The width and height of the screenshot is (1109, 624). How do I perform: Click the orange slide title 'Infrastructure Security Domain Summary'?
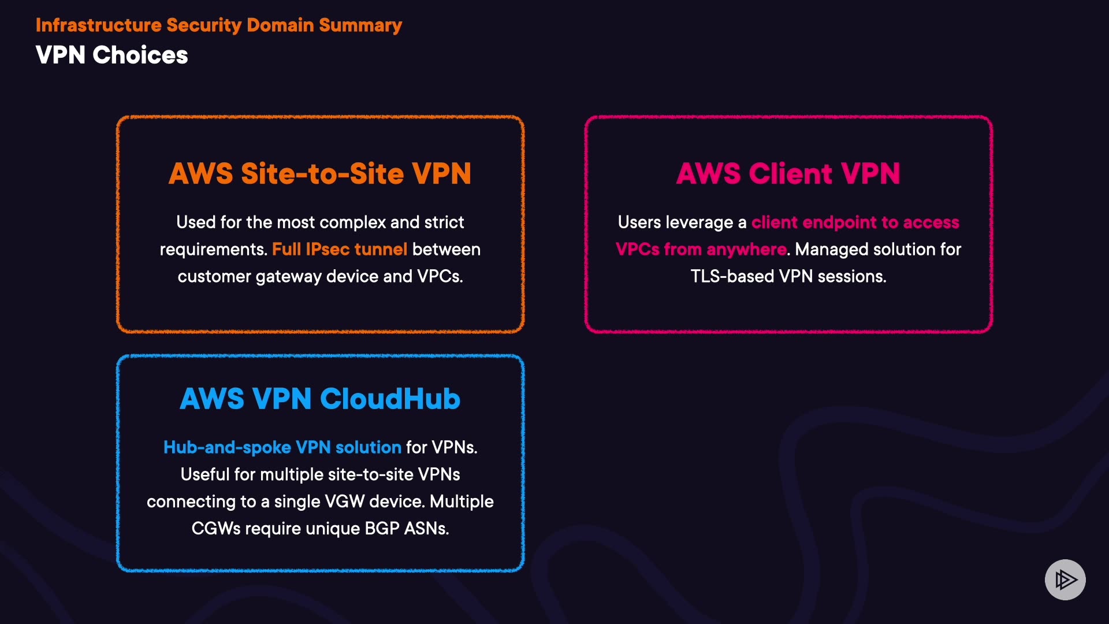(218, 25)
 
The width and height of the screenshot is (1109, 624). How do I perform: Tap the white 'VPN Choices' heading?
(111, 55)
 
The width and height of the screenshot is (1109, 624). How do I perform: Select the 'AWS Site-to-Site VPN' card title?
(320, 174)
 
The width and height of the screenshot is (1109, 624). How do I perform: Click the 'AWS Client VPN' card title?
(788, 174)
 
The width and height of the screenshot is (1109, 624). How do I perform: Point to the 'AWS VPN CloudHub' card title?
(320, 399)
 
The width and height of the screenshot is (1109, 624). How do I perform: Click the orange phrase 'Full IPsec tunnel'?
(339, 250)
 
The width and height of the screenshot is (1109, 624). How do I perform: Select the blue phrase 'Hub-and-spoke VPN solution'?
(282, 448)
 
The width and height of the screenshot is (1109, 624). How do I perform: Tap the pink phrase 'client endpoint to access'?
(855, 222)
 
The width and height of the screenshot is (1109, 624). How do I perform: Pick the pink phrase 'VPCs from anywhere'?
(701, 250)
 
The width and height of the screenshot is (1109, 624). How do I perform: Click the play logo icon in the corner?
(1065, 580)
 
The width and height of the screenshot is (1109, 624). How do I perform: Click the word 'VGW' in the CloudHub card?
(344, 502)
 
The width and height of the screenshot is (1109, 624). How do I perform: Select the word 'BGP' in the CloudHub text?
(382, 529)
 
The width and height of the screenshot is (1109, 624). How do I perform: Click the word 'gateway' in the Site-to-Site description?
(288, 277)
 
